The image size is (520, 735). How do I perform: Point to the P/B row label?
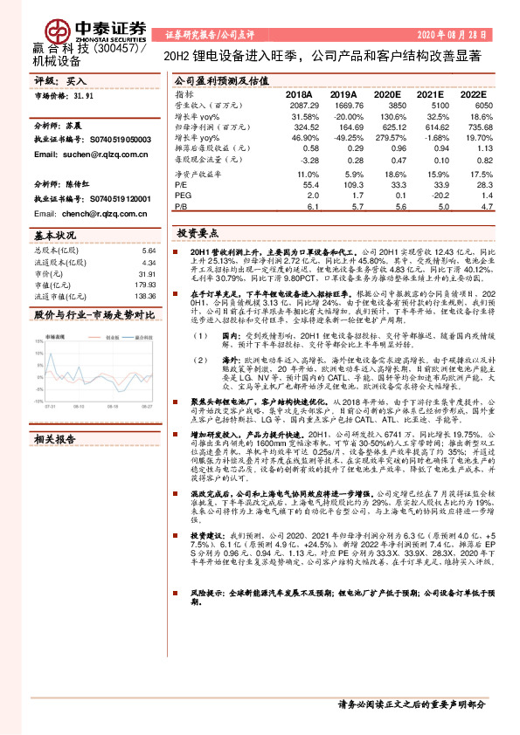[181, 208]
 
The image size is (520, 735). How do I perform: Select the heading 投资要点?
[197, 233]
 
